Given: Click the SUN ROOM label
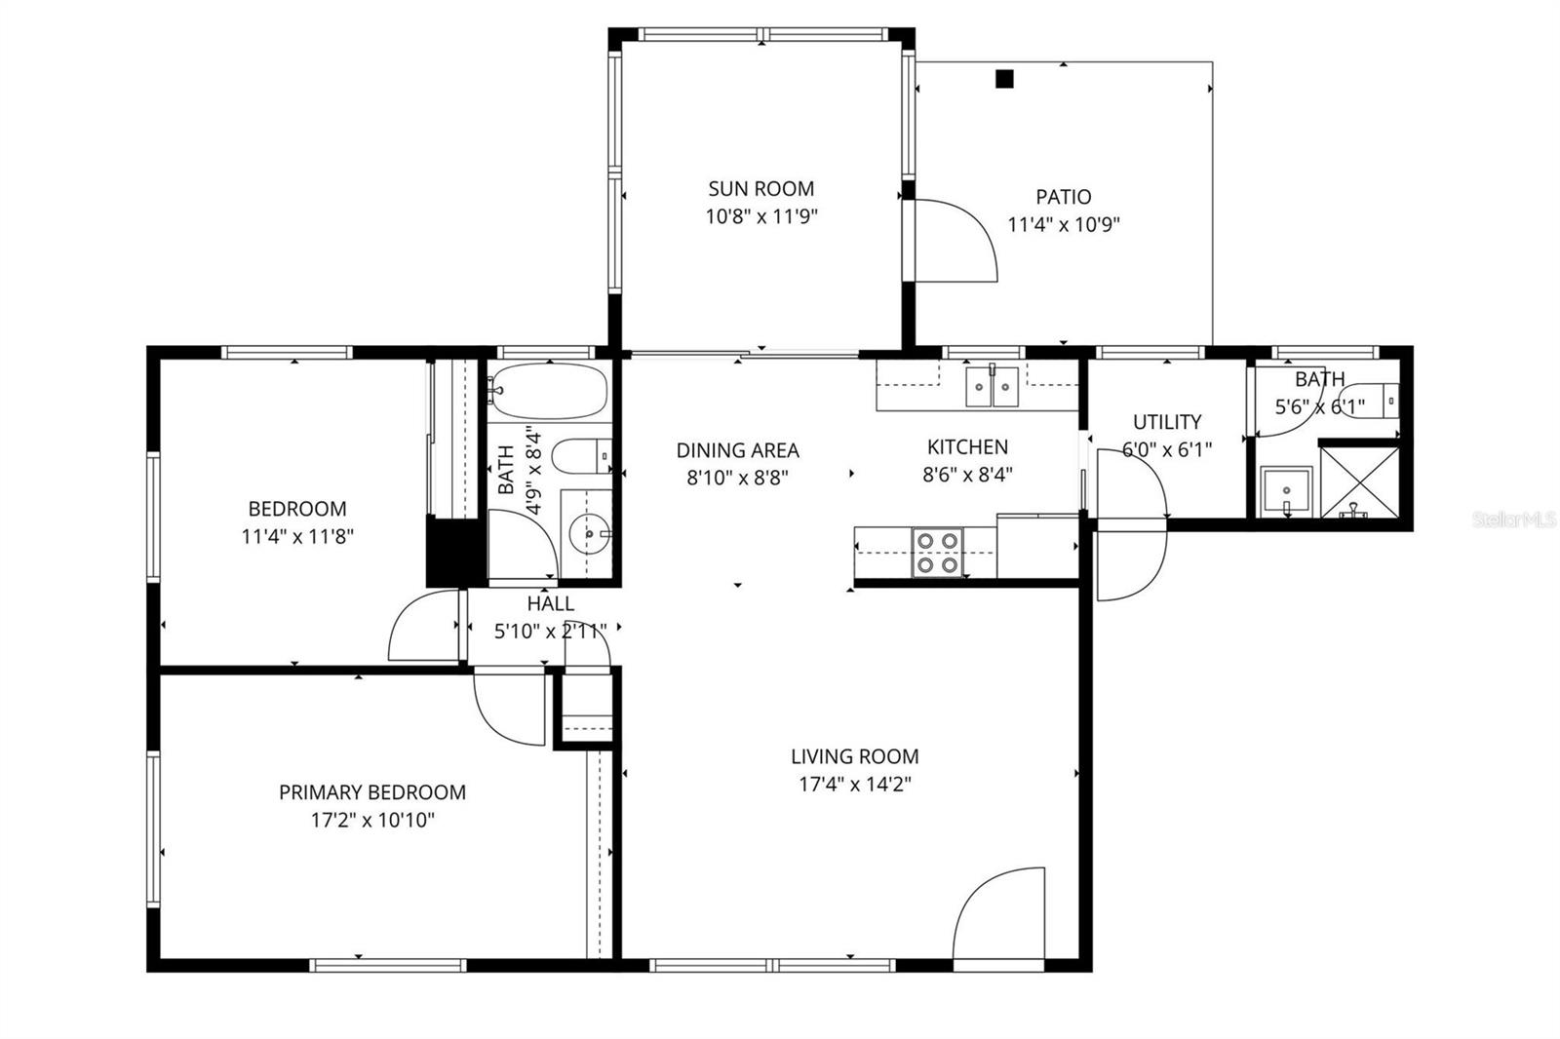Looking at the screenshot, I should coord(760,188).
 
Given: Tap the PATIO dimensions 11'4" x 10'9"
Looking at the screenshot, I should coord(1063,225).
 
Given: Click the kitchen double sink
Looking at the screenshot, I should coord(992,386).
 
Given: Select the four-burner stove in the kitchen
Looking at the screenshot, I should coord(937,552).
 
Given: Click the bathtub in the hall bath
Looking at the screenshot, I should coord(548,392).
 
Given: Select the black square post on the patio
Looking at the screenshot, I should coord(1004,79).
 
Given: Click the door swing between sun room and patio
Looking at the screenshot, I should coord(953,240).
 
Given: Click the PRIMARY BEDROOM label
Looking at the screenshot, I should coord(371,792).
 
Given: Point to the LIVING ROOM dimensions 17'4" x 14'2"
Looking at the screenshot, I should coord(854,784).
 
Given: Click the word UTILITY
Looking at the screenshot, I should coord(1166,422).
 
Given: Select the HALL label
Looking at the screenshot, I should coord(550,604).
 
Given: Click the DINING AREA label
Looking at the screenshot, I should coord(737,450).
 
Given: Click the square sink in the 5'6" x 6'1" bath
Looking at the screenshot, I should coord(1286,491).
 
